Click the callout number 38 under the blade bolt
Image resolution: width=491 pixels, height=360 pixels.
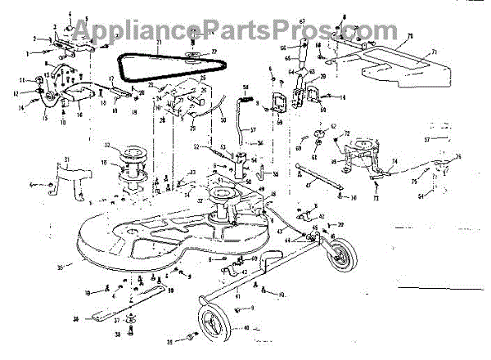(x=117, y=335)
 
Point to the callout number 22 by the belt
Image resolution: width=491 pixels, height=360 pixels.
(x=214, y=53)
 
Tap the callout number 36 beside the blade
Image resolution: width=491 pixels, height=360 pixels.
(x=75, y=319)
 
